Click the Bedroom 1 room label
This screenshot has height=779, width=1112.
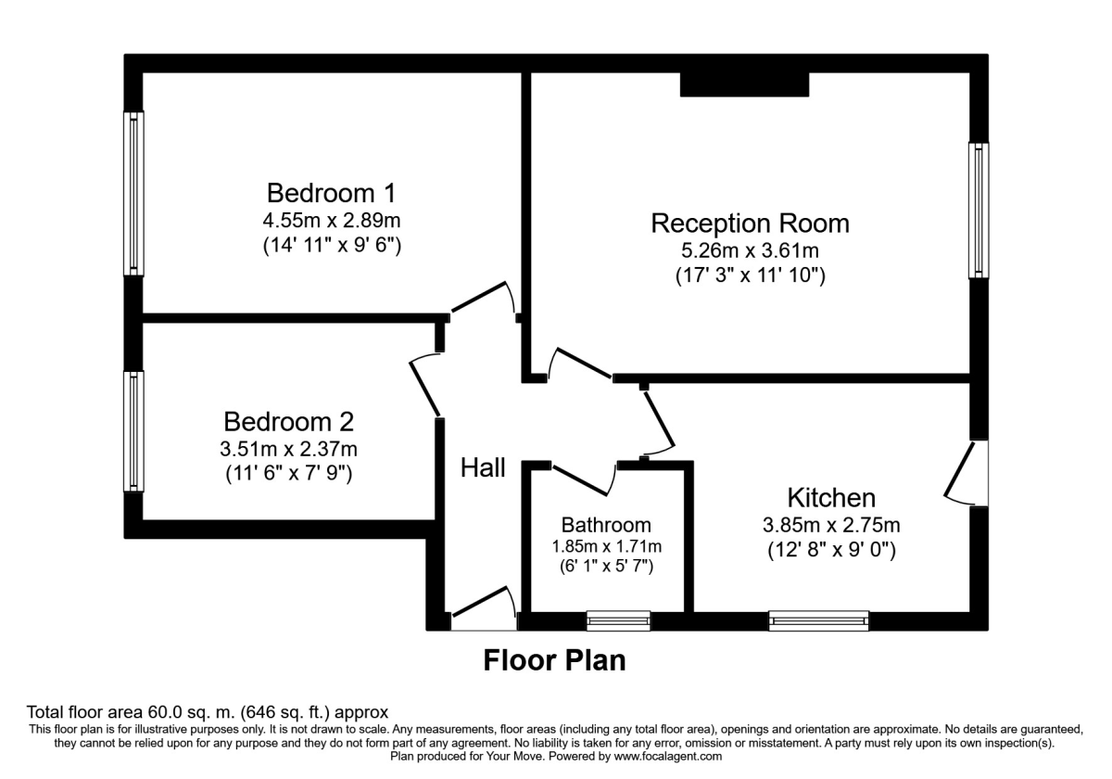tap(331, 193)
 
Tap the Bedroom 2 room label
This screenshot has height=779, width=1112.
tap(289, 422)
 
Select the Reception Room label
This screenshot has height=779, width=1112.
tap(750, 223)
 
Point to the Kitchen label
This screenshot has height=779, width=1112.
tap(831, 496)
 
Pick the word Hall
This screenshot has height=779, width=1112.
tap(484, 468)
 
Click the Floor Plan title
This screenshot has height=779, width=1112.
tap(555, 660)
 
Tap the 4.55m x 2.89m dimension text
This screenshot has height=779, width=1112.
tap(331, 222)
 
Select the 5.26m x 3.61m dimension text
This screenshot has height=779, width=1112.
tap(750, 250)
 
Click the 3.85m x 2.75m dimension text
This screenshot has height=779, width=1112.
tap(831, 525)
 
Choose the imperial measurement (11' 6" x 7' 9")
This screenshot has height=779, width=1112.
tap(289, 473)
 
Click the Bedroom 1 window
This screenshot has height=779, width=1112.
tap(134, 193)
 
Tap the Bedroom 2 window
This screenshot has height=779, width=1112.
tap(134, 431)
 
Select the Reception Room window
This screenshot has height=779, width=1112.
tap(979, 211)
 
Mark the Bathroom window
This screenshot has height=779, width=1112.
tap(618, 620)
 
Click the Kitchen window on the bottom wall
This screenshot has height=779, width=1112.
tap(819, 620)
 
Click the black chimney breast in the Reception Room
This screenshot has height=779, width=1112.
tap(746, 84)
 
